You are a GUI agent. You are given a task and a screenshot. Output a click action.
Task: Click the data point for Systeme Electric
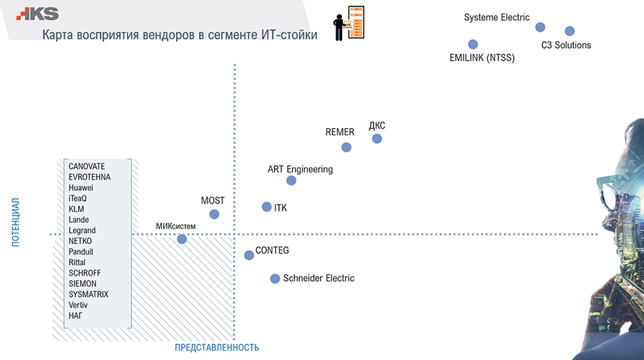click(540, 27)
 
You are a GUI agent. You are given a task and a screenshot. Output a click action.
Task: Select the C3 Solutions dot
click(570, 31)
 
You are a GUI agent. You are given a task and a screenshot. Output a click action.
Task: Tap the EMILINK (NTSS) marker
click(472, 44)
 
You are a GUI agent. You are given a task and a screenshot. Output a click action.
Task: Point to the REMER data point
click(346, 147)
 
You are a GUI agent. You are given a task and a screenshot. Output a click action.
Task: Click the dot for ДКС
click(377, 138)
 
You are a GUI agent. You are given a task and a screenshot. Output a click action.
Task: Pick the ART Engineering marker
click(291, 180)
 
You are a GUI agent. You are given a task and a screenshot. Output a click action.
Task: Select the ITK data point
click(266, 207)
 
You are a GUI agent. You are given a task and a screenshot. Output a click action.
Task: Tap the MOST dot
click(214, 214)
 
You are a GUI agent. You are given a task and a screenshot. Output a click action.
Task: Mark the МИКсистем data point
click(182, 239)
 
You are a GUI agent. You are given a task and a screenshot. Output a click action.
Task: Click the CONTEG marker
click(249, 255)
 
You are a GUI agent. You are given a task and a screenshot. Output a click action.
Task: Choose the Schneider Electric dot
click(275, 278)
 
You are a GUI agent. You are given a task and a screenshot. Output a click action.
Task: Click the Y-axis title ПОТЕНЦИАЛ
click(15, 223)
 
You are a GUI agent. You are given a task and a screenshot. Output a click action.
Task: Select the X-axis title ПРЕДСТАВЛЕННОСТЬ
click(216, 348)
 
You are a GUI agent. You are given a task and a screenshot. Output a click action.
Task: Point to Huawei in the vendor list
click(81, 188)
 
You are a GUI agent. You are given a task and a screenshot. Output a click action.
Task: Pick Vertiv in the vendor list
click(79, 305)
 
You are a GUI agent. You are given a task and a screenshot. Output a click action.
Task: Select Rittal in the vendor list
click(77, 263)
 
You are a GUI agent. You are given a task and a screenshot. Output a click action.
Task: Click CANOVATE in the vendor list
click(87, 167)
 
